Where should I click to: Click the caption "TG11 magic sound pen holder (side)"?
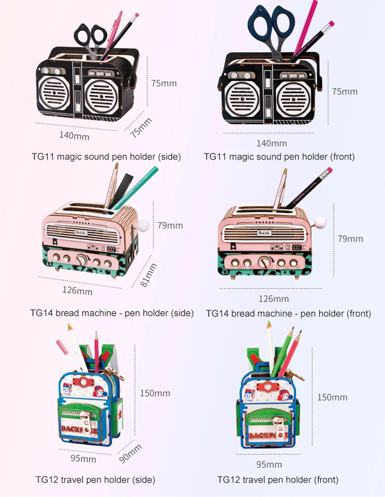[106, 156]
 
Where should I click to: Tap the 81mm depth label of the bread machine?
[148, 275]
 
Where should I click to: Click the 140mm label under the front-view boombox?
[271, 143]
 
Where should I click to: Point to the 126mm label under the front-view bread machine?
[274, 299]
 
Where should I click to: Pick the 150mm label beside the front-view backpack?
[332, 397]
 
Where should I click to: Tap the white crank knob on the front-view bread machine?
[321, 222]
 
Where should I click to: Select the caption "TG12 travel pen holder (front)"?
[277, 480]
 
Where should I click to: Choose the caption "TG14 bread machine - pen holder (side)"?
[112, 313]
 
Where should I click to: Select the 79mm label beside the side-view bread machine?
[170, 226]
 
